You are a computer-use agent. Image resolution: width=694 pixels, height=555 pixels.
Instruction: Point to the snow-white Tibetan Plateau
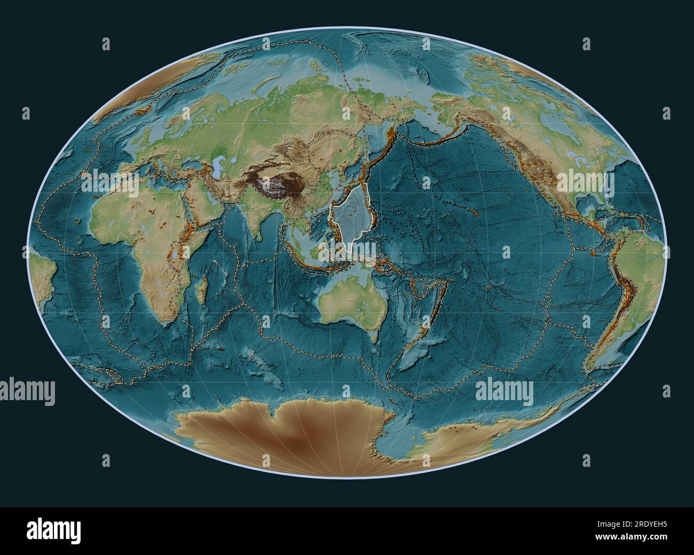click(x=278, y=184)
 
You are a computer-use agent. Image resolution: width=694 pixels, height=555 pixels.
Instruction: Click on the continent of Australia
click(x=347, y=304)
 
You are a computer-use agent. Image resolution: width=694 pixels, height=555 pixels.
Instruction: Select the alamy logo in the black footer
click(x=53, y=531)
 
